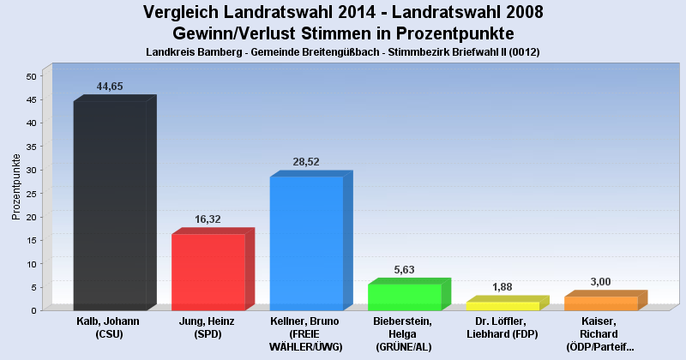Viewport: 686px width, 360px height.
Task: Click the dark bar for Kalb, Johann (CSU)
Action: pyautogui.click(x=110, y=206)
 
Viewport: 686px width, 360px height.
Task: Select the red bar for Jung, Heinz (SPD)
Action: pyautogui.click(x=208, y=272)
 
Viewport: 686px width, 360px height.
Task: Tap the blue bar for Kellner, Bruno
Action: pyautogui.click(x=306, y=243)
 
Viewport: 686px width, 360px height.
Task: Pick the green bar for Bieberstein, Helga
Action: pyautogui.click(x=405, y=297)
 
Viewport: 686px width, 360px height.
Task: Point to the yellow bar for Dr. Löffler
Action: pyautogui.click(x=502, y=306)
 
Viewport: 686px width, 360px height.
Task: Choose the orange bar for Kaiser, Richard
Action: pyautogui.click(x=600, y=303)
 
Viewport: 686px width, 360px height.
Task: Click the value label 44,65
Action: pyautogui.click(x=111, y=87)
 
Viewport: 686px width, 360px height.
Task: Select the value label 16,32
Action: pyautogui.click(x=208, y=219)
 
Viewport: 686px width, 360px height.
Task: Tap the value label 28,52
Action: pyautogui.click(x=307, y=162)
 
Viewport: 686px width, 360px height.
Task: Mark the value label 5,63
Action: pyautogui.click(x=405, y=270)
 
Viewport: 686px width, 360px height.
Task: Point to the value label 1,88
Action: pyautogui.click(x=502, y=287)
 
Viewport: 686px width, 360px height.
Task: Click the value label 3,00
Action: pyautogui.click(x=601, y=282)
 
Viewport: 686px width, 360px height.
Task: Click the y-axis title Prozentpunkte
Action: pyautogui.click(x=16, y=186)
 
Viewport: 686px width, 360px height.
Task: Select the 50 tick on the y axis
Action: pyautogui.click(x=30, y=76)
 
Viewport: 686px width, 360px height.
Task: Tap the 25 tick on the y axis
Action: pyautogui.click(x=30, y=193)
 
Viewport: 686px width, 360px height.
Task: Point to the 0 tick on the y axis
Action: pyautogui.click(x=33, y=310)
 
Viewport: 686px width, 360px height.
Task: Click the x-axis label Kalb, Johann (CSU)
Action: pyautogui.click(x=110, y=327)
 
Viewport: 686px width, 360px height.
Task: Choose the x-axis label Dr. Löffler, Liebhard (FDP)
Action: pyautogui.click(x=502, y=327)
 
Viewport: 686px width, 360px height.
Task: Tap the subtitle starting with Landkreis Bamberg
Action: pyautogui.click(x=343, y=52)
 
